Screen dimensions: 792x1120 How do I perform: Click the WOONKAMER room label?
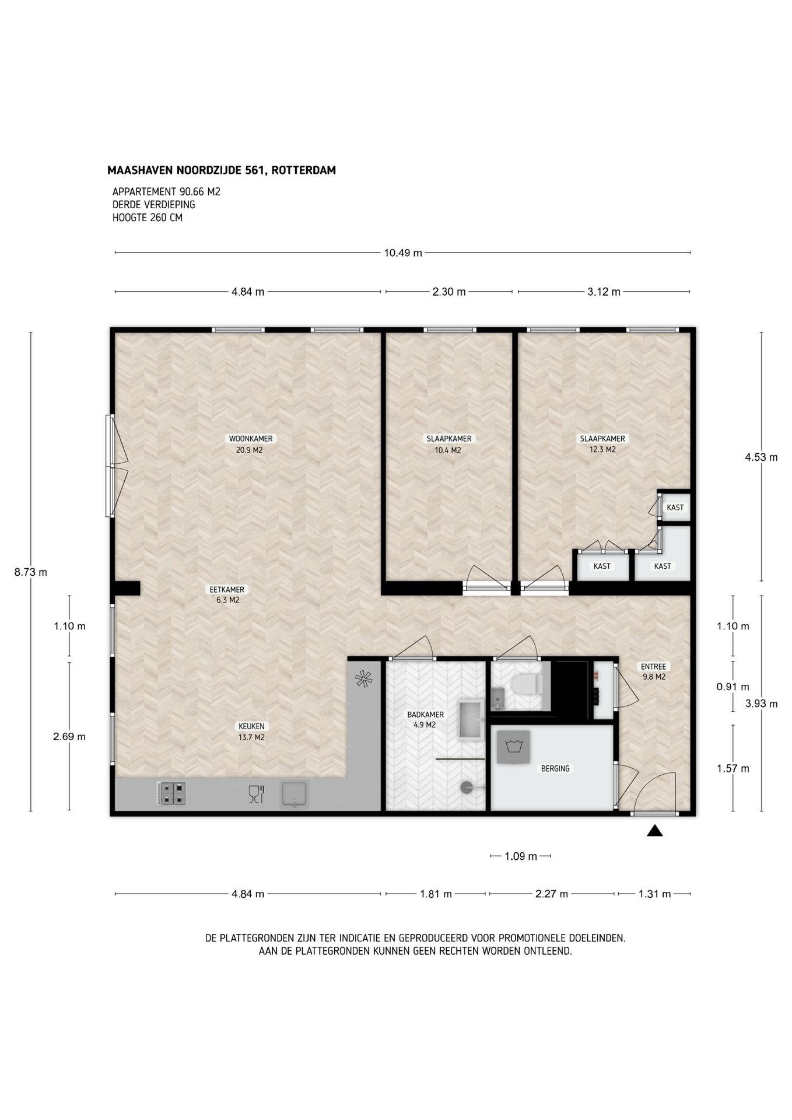point(250,439)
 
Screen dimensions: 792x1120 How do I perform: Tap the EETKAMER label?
point(227,589)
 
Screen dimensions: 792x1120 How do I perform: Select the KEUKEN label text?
point(251,726)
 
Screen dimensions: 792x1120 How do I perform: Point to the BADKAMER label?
point(425,715)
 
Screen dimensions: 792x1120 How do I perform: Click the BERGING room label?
point(555,769)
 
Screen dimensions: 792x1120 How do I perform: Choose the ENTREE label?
point(653,667)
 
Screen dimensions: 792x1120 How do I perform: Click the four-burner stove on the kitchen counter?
point(171,794)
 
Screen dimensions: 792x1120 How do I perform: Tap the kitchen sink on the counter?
point(295,794)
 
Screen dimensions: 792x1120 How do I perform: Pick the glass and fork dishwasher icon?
point(256,794)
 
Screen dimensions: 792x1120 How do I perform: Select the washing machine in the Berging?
point(513,747)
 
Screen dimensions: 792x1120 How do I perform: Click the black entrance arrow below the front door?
point(655,831)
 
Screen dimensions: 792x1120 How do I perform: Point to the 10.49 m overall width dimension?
point(402,253)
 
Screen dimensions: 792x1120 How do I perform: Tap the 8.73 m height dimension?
point(31,572)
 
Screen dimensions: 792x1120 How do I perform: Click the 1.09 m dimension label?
point(521,856)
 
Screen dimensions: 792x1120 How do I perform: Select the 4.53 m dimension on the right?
point(761,457)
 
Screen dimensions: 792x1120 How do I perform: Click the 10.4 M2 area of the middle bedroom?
point(448,450)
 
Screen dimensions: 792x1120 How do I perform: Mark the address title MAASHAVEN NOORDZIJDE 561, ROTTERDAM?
point(222,170)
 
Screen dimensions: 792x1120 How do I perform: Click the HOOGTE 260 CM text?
point(148,218)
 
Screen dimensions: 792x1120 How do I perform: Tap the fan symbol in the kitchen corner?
point(363,678)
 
